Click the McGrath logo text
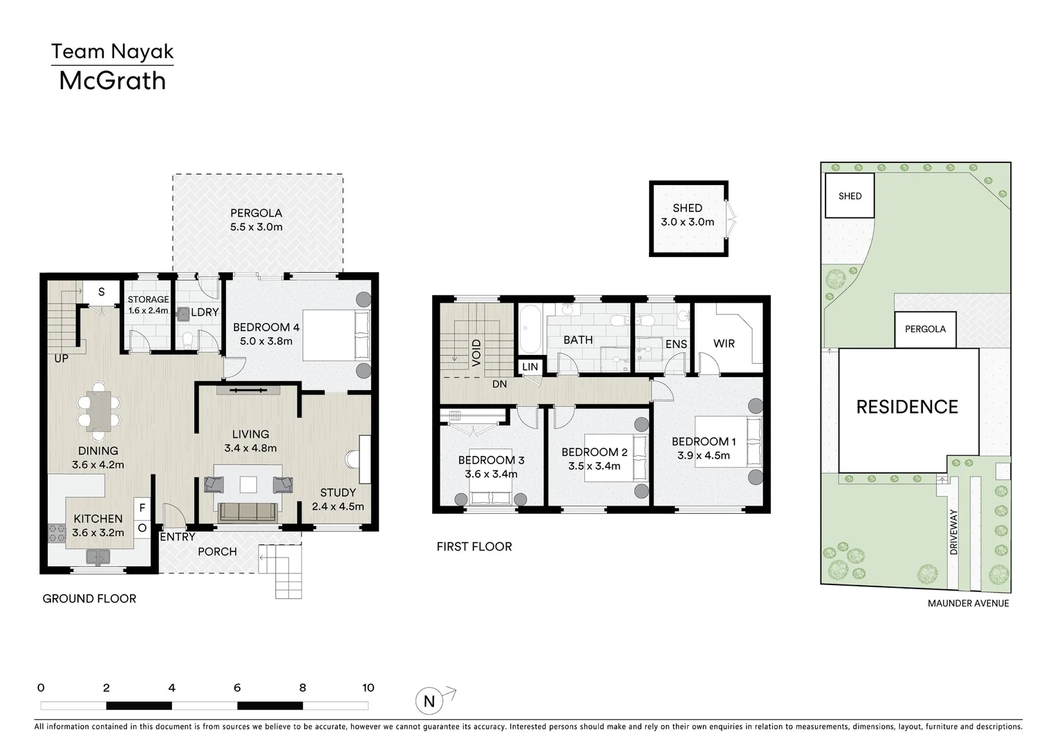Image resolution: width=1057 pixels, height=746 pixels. (112, 81)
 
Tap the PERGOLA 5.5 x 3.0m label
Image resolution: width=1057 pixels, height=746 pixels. (256, 220)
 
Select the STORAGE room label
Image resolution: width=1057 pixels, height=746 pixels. (148, 299)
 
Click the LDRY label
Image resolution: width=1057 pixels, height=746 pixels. (205, 312)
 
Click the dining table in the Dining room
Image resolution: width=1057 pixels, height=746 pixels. (98, 410)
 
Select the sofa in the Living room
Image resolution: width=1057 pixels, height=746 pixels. (247, 512)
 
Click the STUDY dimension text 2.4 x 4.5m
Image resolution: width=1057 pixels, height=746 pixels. (337, 506)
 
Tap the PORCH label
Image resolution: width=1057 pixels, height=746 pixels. (217, 551)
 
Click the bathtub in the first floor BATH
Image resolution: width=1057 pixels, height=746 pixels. (531, 329)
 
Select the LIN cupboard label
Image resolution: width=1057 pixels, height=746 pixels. (530, 367)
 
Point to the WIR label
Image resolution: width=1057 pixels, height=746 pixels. (724, 343)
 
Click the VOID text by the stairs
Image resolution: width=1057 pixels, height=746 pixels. (476, 352)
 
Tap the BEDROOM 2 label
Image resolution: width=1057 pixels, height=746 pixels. (594, 452)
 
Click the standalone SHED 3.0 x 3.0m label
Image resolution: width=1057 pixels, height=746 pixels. (687, 215)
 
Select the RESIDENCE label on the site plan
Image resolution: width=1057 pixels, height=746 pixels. (907, 407)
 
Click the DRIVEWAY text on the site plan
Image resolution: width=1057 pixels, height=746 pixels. (954, 532)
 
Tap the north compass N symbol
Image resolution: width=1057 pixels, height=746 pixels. (429, 701)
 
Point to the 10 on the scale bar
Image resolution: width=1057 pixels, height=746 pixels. (368, 687)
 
